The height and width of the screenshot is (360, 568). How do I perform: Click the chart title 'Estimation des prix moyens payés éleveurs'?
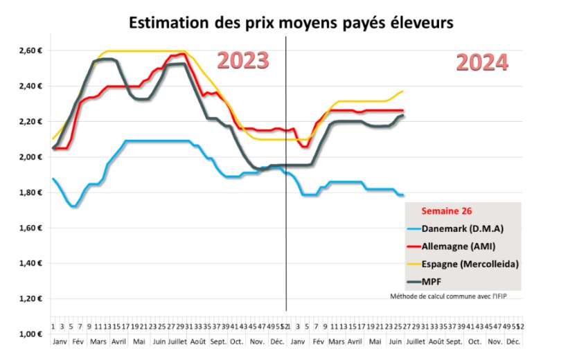point(291,22)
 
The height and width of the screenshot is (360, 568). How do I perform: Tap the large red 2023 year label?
point(243,60)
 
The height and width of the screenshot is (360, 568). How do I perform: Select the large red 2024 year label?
point(482,63)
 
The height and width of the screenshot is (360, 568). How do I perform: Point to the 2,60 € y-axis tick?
point(31,51)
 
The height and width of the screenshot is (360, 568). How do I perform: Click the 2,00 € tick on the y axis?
point(31,157)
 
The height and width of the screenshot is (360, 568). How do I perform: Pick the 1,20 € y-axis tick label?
point(31,299)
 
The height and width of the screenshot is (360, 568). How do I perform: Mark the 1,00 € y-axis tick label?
point(31,334)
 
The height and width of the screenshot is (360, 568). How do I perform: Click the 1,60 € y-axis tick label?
point(31,228)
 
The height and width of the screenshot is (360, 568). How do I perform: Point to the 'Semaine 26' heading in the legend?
point(445,211)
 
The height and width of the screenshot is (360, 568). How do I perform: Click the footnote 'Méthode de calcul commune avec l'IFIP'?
point(454,296)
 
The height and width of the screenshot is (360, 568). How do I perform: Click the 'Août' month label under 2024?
point(436,342)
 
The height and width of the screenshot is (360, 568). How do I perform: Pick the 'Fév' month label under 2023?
point(78,342)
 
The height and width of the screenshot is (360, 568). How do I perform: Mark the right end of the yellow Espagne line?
point(403,91)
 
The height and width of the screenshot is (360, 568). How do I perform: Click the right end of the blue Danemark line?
point(403,195)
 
